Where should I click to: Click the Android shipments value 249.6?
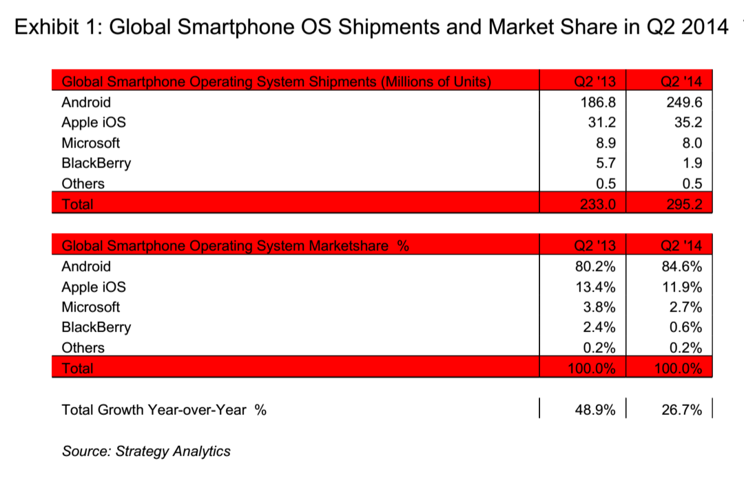coord(682,103)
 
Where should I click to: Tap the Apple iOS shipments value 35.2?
coord(686,123)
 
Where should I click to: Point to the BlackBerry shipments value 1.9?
coord(690,163)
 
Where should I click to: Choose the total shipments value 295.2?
coord(682,204)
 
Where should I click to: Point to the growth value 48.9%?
coord(595,410)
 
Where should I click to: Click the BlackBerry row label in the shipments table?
coord(96,163)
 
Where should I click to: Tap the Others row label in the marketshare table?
coord(83,348)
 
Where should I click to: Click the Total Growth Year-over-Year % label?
coord(164,410)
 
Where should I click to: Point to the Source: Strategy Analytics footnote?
coord(146,451)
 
